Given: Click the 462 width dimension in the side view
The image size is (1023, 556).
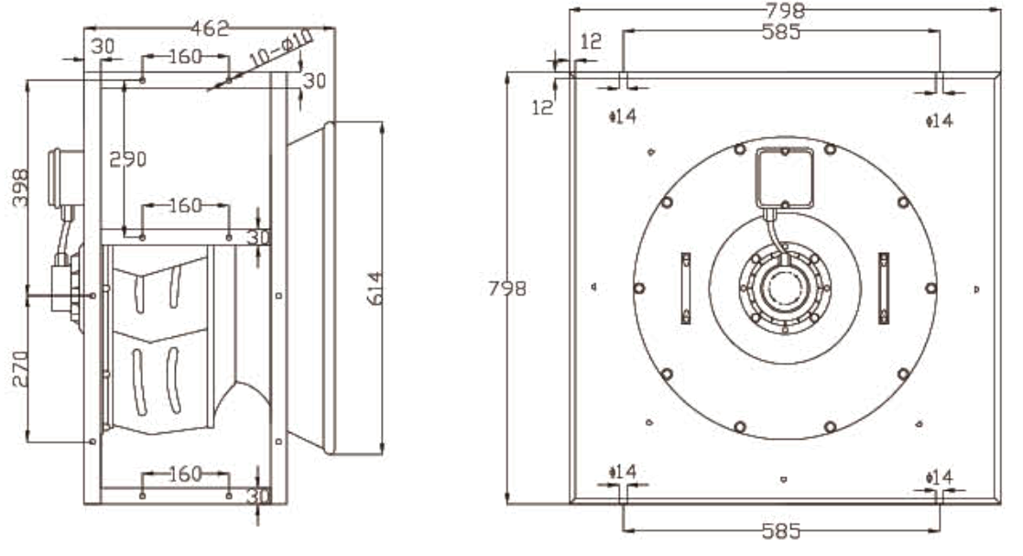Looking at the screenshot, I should [x=210, y=29].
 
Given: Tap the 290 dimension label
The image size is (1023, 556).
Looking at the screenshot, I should [x=127, y=158].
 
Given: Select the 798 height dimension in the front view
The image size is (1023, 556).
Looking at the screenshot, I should [x=506, y=289].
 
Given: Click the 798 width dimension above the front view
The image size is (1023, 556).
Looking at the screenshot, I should [x=781, y=11].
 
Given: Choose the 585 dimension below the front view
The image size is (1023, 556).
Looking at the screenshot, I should [x=780, y=531].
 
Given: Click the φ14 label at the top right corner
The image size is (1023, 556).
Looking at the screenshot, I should [x=939, y=120].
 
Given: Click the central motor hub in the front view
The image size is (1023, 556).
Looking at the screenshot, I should [x=783, y=289].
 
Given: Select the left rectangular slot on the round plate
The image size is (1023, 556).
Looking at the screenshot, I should [x=686, y=288].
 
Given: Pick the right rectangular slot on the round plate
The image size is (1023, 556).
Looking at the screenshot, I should [x=883, y=288].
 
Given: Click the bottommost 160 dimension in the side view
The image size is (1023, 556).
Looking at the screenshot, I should [x=185, y=474].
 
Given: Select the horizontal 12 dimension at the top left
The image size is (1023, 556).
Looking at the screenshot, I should [x=592, y=41].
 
